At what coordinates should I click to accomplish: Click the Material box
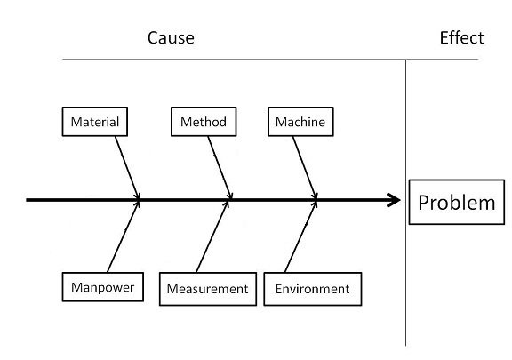[95, 122]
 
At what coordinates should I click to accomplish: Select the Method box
[204, 122]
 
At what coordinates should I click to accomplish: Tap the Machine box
[300, 122]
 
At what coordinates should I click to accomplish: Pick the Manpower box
[102, 287]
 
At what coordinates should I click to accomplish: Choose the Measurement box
[208, 289]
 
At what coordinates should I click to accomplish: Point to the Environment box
[313, 289]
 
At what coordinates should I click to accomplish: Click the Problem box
[457, 202]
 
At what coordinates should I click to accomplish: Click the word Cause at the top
[171, 37]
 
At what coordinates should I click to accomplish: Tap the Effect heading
[461, 37]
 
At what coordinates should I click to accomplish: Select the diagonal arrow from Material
[127, 168]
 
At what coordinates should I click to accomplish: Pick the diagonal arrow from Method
[220, 168]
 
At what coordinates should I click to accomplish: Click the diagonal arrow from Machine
[305, 168]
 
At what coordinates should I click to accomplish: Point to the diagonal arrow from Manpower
[123, 236]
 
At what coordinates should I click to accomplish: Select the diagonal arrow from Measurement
[212, 236]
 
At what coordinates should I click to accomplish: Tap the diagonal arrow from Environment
[300, 236]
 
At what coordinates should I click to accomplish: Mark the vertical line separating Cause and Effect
[406, 203]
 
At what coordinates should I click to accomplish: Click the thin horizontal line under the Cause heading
[270, 60]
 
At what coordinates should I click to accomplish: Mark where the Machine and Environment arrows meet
[316, 200]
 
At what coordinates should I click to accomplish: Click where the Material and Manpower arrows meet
[139, 200]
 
